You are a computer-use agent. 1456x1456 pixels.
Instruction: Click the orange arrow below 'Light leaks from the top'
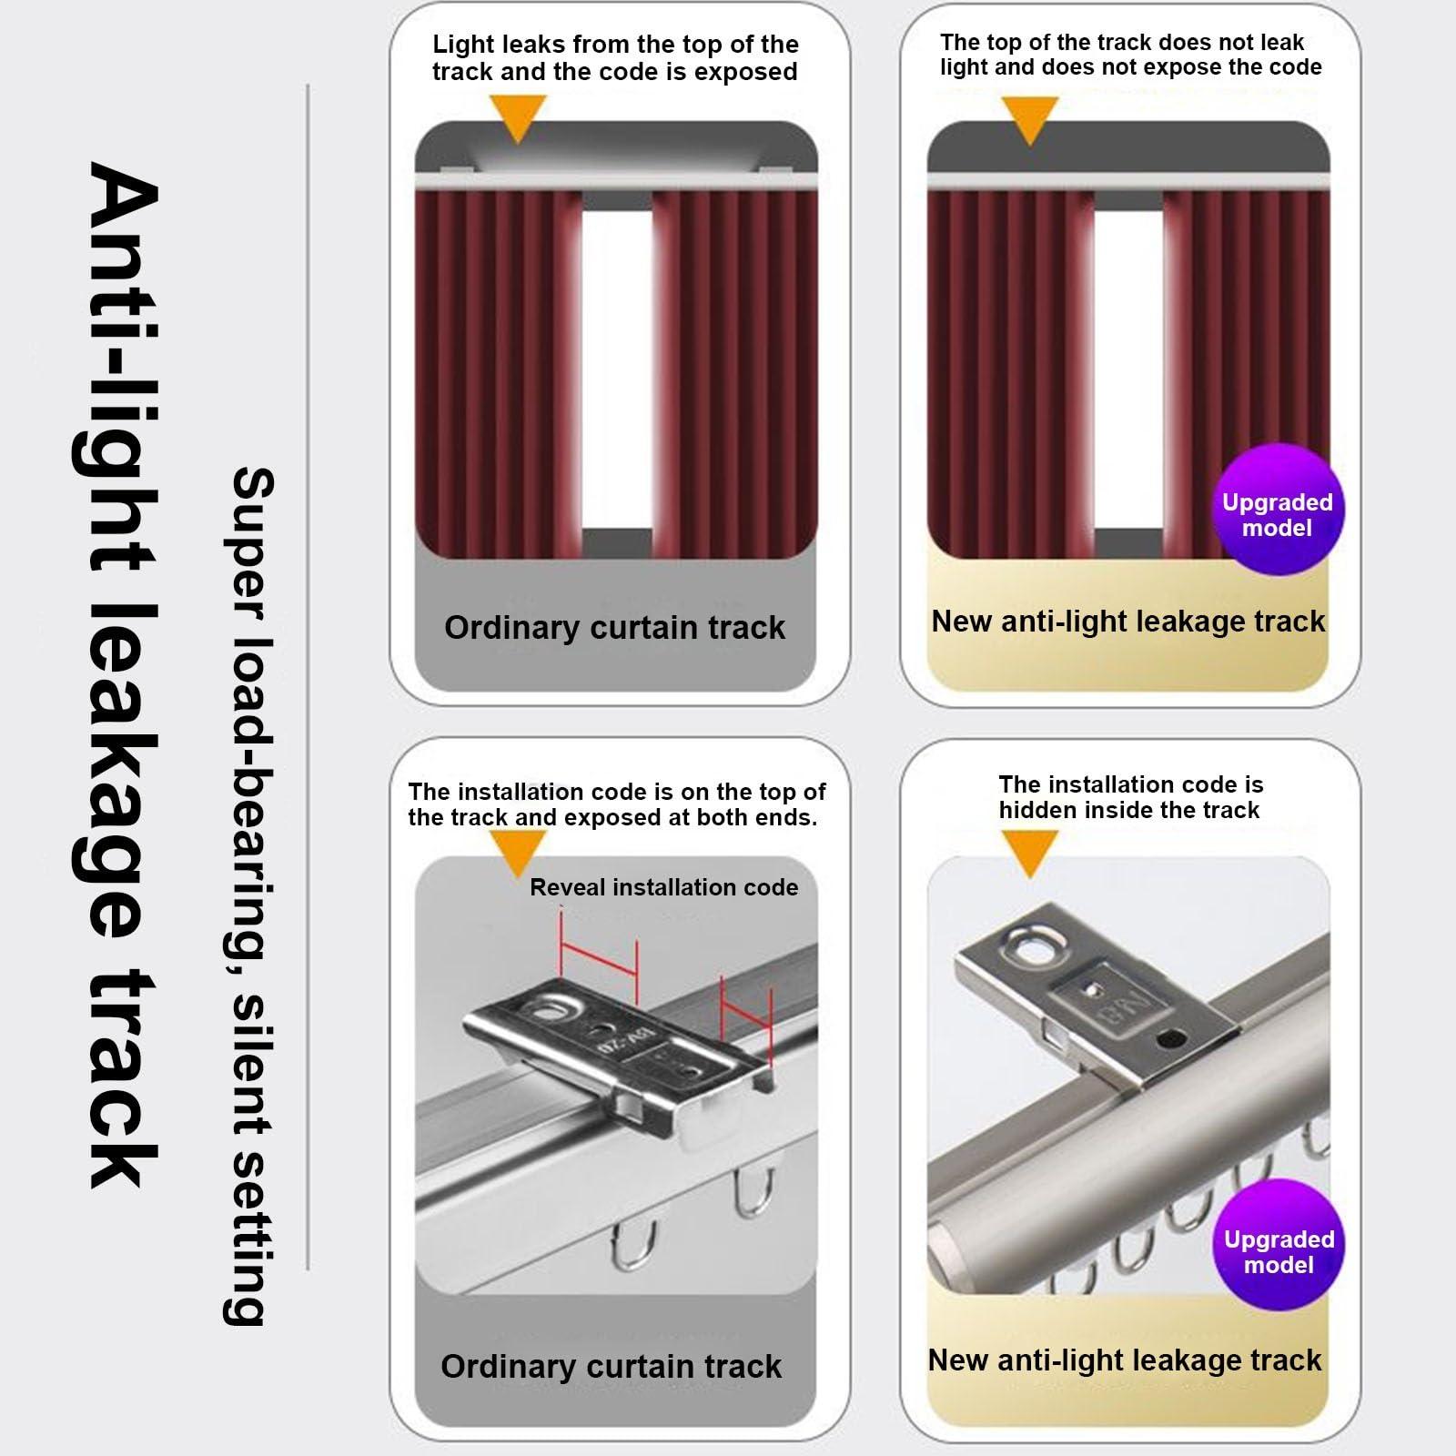pos(517,118)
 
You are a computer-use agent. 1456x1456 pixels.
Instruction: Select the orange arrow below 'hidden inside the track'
pos(1029,854)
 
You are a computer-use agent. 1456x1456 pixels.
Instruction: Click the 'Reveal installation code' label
pos(663,887)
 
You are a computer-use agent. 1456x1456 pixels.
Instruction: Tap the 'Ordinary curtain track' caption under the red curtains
pos(614,628)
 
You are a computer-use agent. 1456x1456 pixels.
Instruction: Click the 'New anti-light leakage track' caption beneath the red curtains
pos(1127,622)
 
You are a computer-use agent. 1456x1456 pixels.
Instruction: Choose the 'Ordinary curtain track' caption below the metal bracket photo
pos(611,1367)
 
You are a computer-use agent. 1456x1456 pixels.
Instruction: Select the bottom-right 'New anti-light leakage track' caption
pos(1124,1360)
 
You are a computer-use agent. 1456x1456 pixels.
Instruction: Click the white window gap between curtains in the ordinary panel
pos(616,364)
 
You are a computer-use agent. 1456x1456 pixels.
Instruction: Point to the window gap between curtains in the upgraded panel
pos(1127,364)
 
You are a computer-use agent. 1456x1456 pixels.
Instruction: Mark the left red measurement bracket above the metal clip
pos(598,955)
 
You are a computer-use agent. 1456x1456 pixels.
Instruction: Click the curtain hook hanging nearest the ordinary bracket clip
pos(755,1192)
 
